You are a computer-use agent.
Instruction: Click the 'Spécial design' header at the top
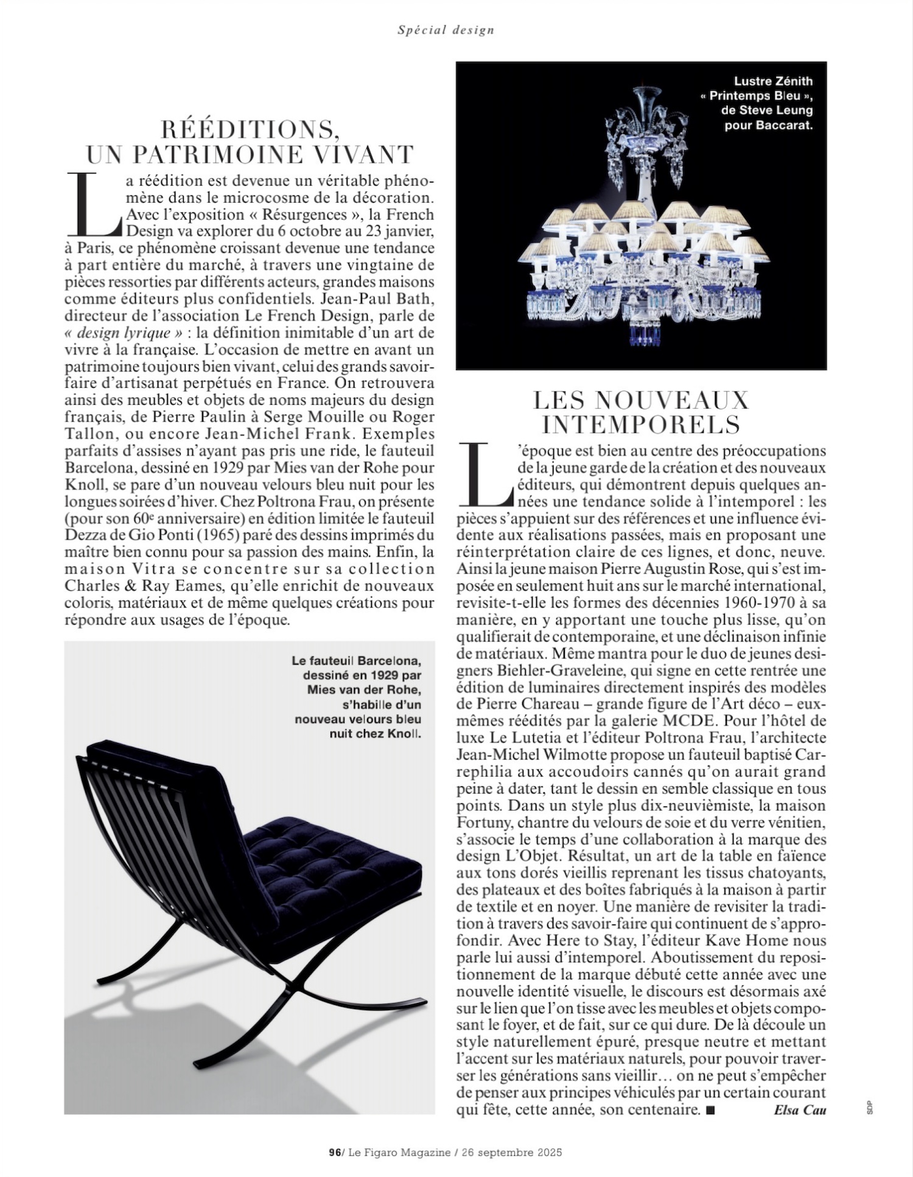pos(446,29)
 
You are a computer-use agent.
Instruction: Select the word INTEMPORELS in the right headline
pos(640,425)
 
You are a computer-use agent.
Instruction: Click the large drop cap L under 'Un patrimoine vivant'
pos(93,204)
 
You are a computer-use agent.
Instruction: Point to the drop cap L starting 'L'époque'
pos(485,475)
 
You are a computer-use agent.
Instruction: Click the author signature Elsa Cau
pos(800,1109)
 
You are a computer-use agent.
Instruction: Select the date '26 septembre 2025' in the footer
pos(511,1152)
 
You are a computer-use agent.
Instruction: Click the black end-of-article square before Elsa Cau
pos(710,1110)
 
